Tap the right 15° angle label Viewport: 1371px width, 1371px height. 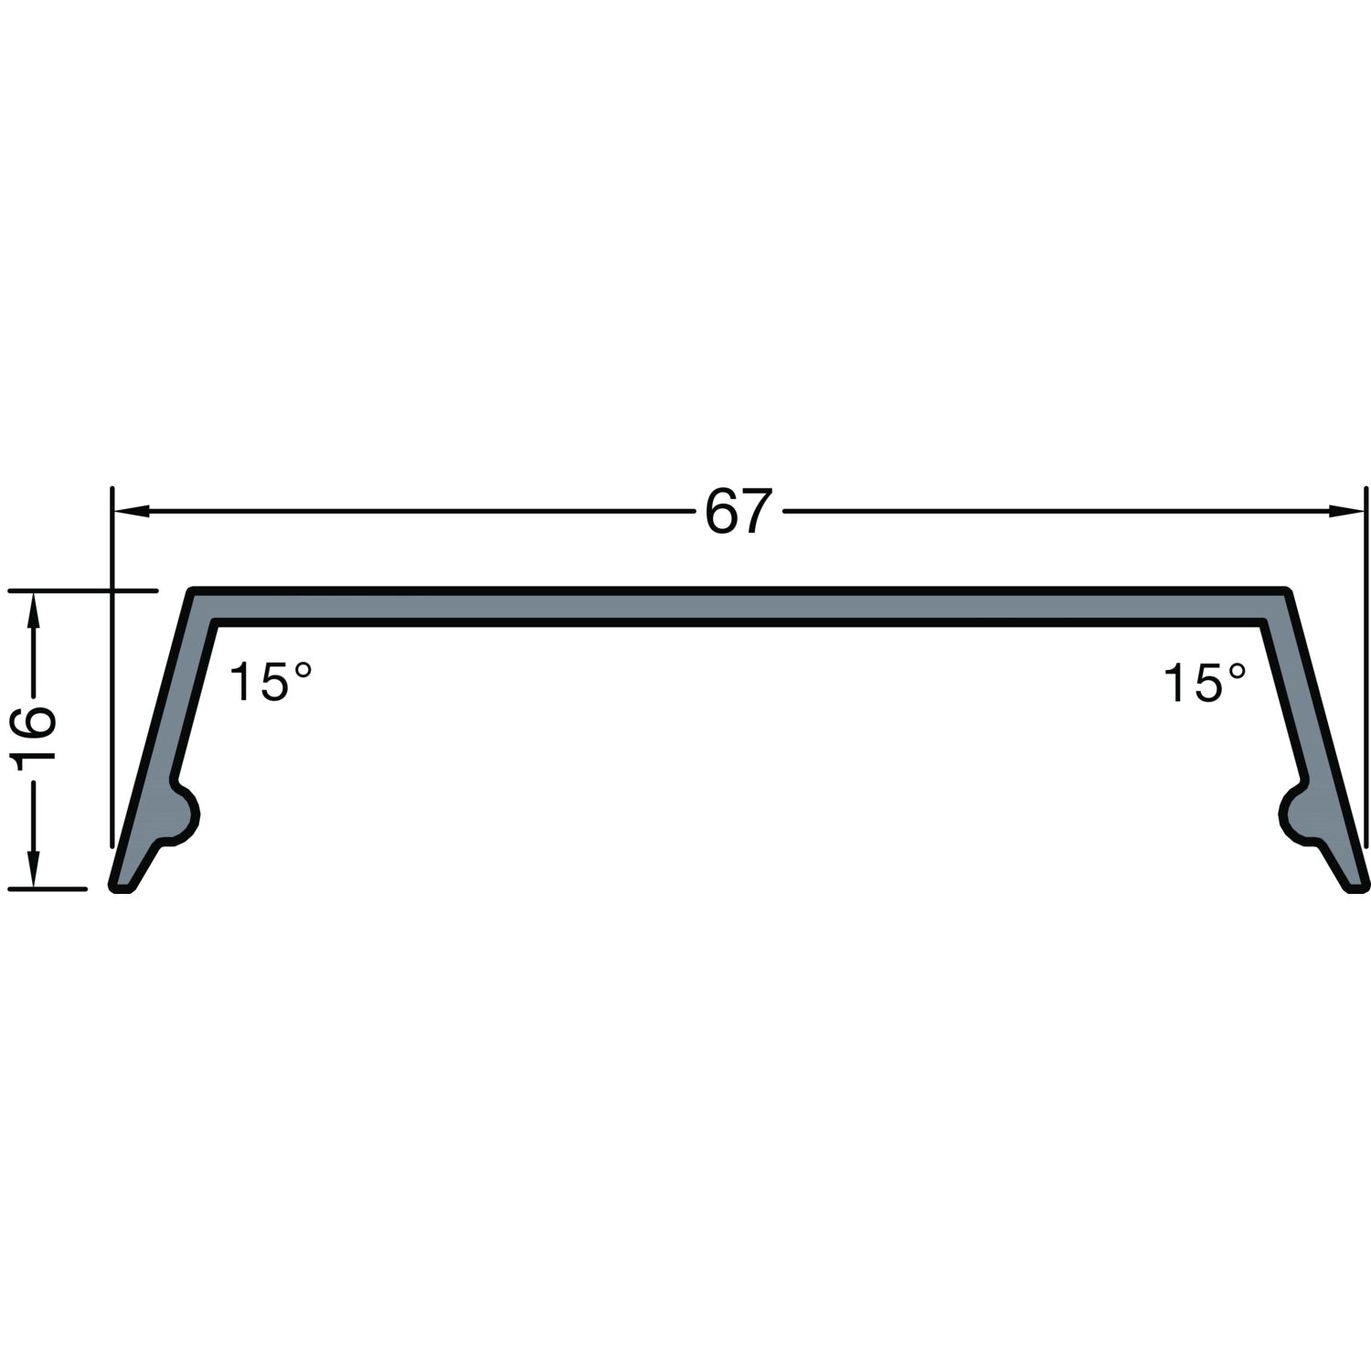(x=1205, y=683)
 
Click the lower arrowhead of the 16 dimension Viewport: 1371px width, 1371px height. (x=34, y=869)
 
